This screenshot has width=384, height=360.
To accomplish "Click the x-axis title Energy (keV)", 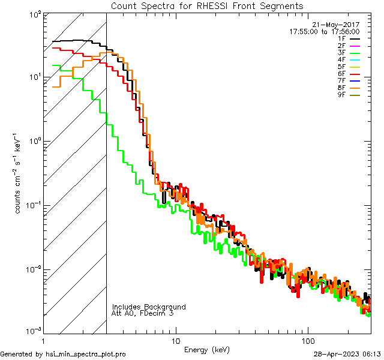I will (x=206, y=350).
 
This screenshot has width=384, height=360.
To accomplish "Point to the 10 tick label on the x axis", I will (x=175, y=340).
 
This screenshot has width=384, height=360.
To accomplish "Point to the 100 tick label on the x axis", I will (x=308, y=340).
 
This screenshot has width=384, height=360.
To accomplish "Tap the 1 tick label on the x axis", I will (x=43, y=340).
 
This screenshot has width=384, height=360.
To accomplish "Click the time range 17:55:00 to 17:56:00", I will (x=324, y=31).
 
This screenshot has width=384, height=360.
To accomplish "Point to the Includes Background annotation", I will (x=149, y=307).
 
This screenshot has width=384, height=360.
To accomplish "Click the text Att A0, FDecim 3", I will (x=143, y=313).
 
